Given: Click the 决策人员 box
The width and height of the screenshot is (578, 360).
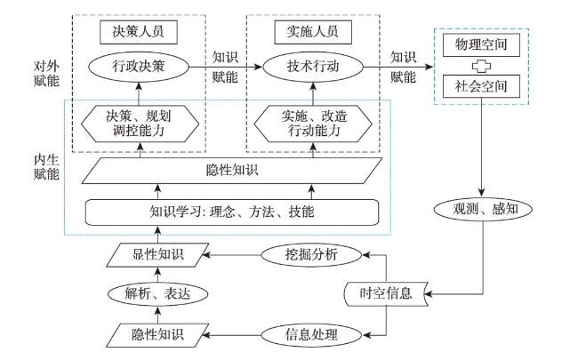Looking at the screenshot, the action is coord(139,32).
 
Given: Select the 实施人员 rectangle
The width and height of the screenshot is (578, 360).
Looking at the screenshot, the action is coord(313,32).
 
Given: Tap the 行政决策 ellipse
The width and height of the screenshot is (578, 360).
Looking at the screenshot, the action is coord(139,67).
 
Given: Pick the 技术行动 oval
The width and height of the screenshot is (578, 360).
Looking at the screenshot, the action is coord(313,67).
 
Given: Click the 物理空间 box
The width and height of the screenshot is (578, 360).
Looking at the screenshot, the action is coord(481,45).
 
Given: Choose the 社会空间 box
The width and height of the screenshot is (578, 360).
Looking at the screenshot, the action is coord(481,86).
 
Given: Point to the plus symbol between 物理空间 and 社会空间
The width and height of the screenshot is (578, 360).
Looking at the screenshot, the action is coord(481,66).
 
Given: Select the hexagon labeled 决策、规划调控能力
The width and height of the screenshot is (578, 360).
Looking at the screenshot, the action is coord(140,124).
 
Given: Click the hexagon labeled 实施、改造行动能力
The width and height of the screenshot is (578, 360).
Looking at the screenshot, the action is coord(313,124).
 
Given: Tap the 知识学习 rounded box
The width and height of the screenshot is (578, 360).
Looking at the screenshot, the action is coord(232,212).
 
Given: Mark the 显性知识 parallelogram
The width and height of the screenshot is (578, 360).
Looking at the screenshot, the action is coord(157,254).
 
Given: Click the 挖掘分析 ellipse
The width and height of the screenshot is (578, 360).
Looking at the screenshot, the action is coord(311,254).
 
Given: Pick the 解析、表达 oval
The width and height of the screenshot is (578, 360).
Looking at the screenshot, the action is coord(157,294).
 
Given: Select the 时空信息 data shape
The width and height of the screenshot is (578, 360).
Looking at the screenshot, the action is coord(386,294).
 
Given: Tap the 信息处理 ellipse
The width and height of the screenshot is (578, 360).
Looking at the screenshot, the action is coord(311,335).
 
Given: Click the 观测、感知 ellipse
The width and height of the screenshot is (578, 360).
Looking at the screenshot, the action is coord(483,209).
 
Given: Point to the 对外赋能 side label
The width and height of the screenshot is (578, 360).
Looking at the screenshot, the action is coord(46,73).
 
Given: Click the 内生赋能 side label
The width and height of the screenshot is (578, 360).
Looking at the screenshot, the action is coord(46,167).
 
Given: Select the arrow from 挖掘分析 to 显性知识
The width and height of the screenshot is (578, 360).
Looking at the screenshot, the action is coord(232,254).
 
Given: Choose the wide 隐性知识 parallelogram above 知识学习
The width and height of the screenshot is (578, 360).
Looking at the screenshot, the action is coord(232,171).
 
